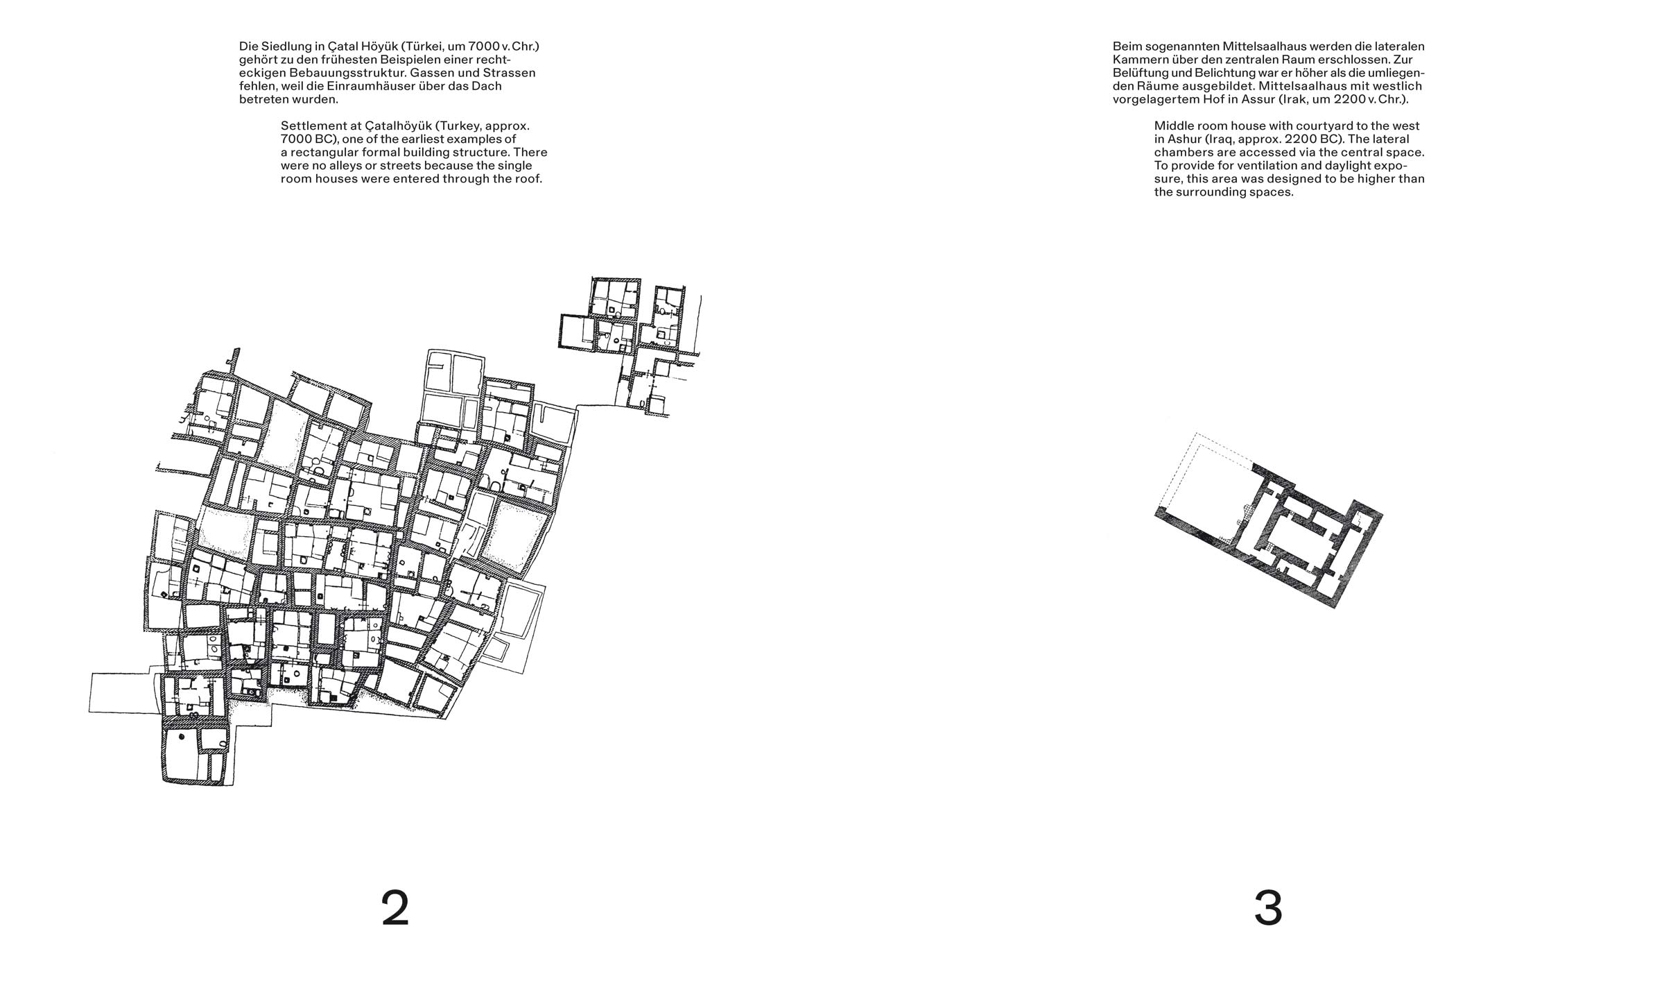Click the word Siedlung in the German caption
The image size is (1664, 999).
coord(285,46)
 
